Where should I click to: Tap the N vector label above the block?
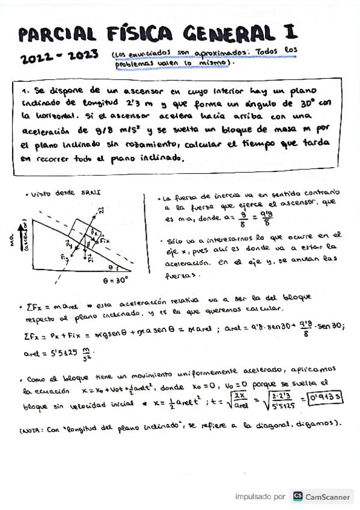100,210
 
